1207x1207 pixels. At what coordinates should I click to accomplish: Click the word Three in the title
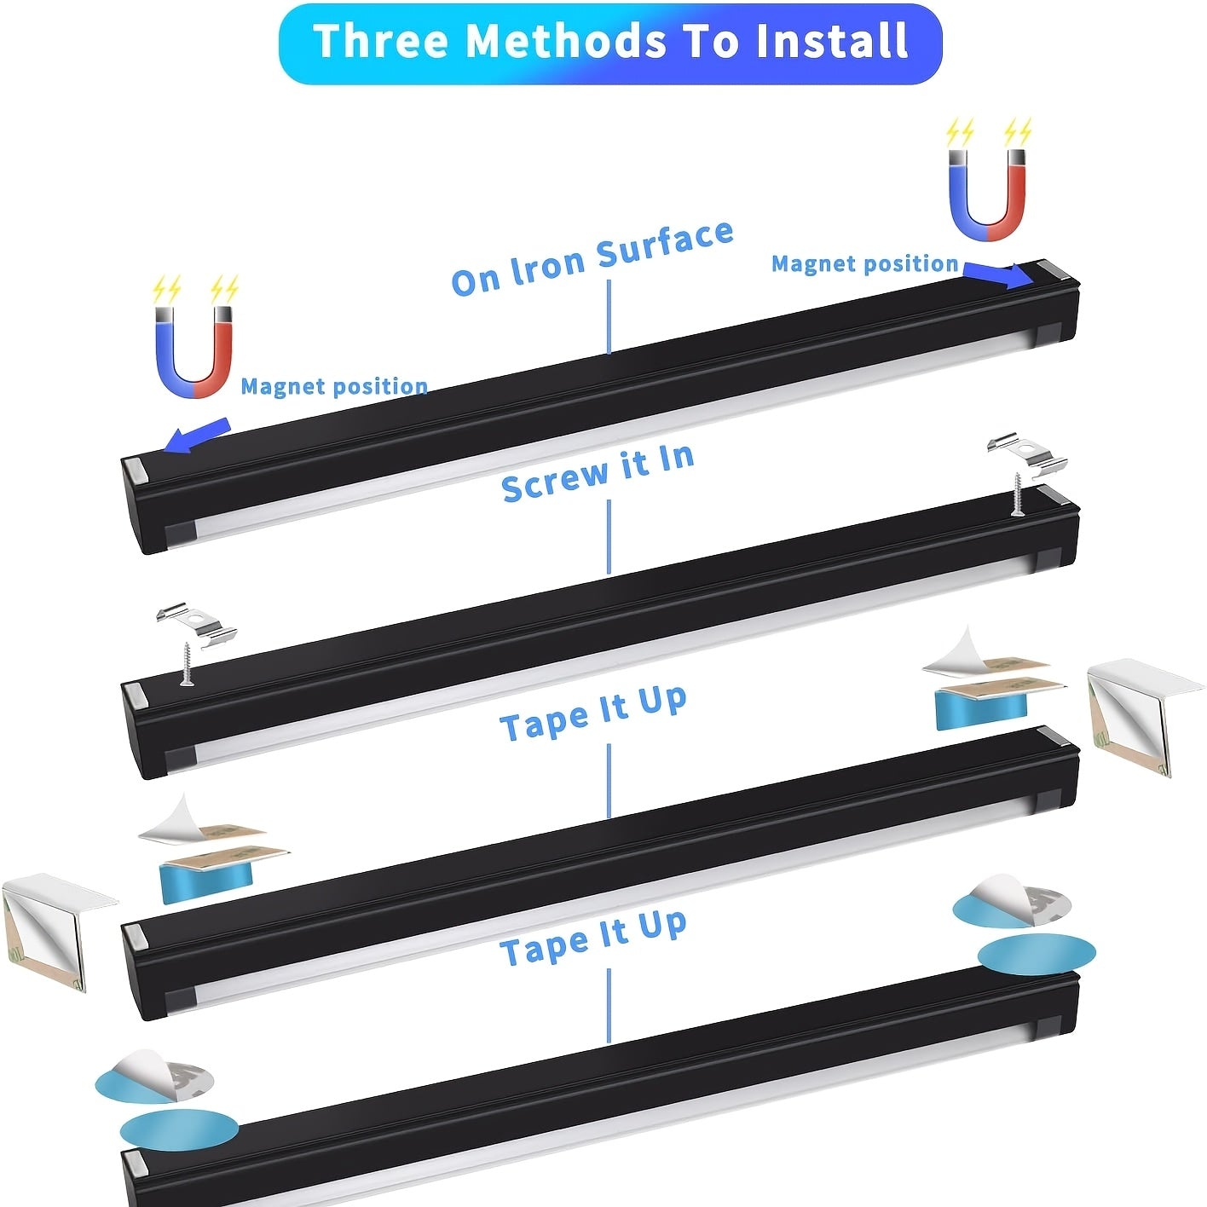[382, 41]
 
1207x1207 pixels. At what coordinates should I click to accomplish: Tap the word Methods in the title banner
[566, 41]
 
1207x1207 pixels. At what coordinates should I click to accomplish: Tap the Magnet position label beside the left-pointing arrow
[334, 386]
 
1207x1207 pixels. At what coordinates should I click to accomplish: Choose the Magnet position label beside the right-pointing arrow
[864, 263]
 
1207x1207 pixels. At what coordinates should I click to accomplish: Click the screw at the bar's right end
[1017, 494]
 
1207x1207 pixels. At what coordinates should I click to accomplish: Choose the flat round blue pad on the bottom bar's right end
[1037, 954]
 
